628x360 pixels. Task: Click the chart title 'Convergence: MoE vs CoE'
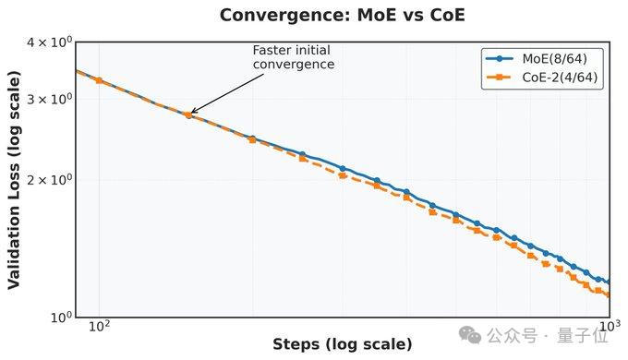[342, 15]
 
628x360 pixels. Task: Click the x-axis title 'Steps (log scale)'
[342, 345]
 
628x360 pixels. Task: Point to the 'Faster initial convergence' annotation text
[293, 57]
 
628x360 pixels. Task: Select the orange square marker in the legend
[498, 78]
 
